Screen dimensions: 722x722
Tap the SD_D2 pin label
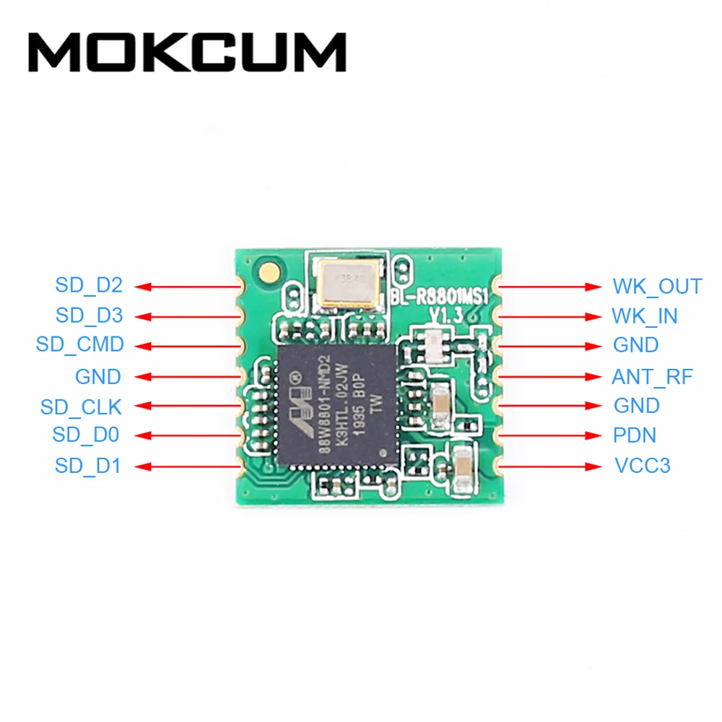click(x=89, y=286)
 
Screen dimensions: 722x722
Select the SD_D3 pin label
click(x=89, y=316)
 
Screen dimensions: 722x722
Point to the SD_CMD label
click(x=80, y=345)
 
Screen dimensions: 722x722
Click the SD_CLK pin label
click(x=82, y=407)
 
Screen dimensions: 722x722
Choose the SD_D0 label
click(x=85, y=435)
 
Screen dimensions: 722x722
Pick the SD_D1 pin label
click(x=88, y=466)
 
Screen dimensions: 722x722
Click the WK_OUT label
click(x=657, y=287)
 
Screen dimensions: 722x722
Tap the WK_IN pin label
click(x=645, y=316)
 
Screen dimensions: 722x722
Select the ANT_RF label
click(x=652, y=377)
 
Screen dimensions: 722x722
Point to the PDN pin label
click(x=635, y=436)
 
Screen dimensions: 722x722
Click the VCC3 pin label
click(x=642, y=466)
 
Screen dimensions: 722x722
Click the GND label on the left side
click(x=98, y=377)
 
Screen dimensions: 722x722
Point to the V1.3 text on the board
click(x=445, y=314)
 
